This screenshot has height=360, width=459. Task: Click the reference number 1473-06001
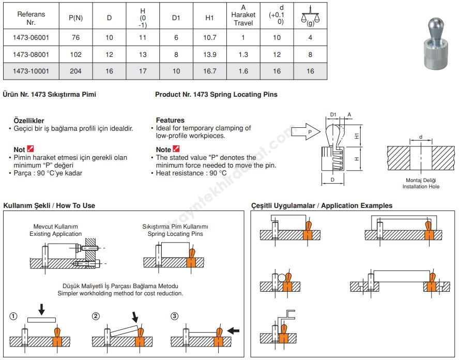pos(31,37)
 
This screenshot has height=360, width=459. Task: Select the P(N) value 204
pos(75,71)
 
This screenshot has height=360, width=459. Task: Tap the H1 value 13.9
pos(210,54)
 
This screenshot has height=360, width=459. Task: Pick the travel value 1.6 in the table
pos(243,71)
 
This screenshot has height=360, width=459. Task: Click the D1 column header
pos(176,18)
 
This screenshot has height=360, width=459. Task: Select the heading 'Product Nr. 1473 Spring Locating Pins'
pos(216,95)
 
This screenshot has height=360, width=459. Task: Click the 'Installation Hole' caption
pos(421,186)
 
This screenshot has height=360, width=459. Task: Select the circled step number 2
pos(96,316)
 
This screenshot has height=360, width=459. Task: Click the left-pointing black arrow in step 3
pos(234,329)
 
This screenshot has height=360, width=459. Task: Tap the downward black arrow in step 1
pos(42,309)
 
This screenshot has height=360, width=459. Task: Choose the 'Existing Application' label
pos(55,234)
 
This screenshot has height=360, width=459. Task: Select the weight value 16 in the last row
pos(310,71)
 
